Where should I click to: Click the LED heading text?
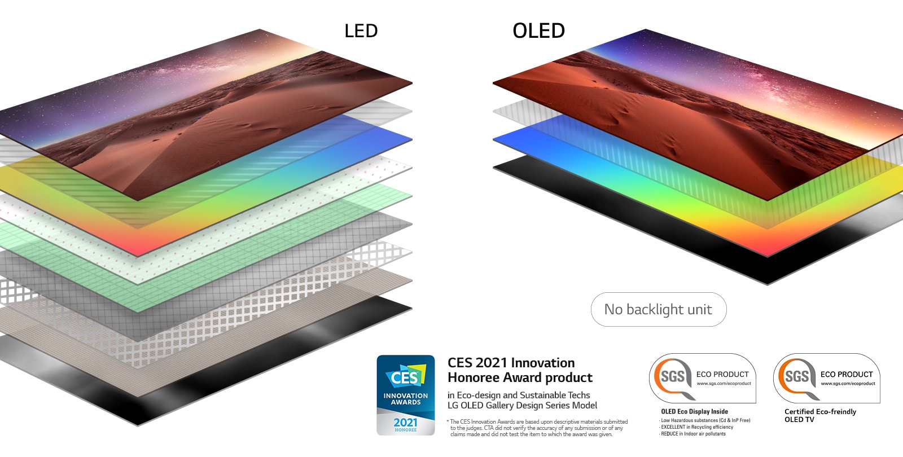tap(361, 30)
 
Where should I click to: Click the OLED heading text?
tap(538, 30)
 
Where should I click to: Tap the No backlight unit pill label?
tap(658, 309)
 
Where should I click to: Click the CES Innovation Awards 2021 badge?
tap(406, 395)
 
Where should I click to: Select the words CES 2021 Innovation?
tap(511, 363)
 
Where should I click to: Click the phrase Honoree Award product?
tap(520, 377)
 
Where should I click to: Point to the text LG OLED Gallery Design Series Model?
tap(522, 405)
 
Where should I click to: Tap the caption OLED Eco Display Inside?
tap(694, 411)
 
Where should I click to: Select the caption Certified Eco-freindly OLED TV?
tap(819, 415)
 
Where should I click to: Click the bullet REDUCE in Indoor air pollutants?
tap(693, 434)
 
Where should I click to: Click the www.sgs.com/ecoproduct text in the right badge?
tap(848, 384)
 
